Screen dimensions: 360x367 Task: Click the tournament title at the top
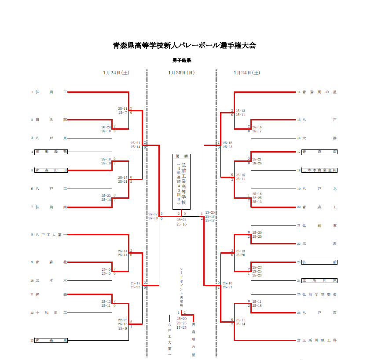[184, 45]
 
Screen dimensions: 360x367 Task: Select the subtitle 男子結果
[181, 60]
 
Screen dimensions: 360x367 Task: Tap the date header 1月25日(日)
[181, 73]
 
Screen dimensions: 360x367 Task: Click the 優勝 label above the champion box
[181, 156]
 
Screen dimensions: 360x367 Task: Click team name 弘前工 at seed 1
[51, 92]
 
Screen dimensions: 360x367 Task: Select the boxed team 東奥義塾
[51, 152]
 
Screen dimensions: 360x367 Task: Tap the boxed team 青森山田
[51, 170]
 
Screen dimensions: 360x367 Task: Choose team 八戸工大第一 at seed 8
[51, 235]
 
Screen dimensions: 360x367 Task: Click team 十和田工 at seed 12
[51, 313]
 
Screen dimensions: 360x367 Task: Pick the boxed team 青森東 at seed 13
[51, 340]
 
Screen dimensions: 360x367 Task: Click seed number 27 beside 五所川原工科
[299, 340]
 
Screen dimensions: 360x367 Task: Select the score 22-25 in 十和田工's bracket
[123, 320]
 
